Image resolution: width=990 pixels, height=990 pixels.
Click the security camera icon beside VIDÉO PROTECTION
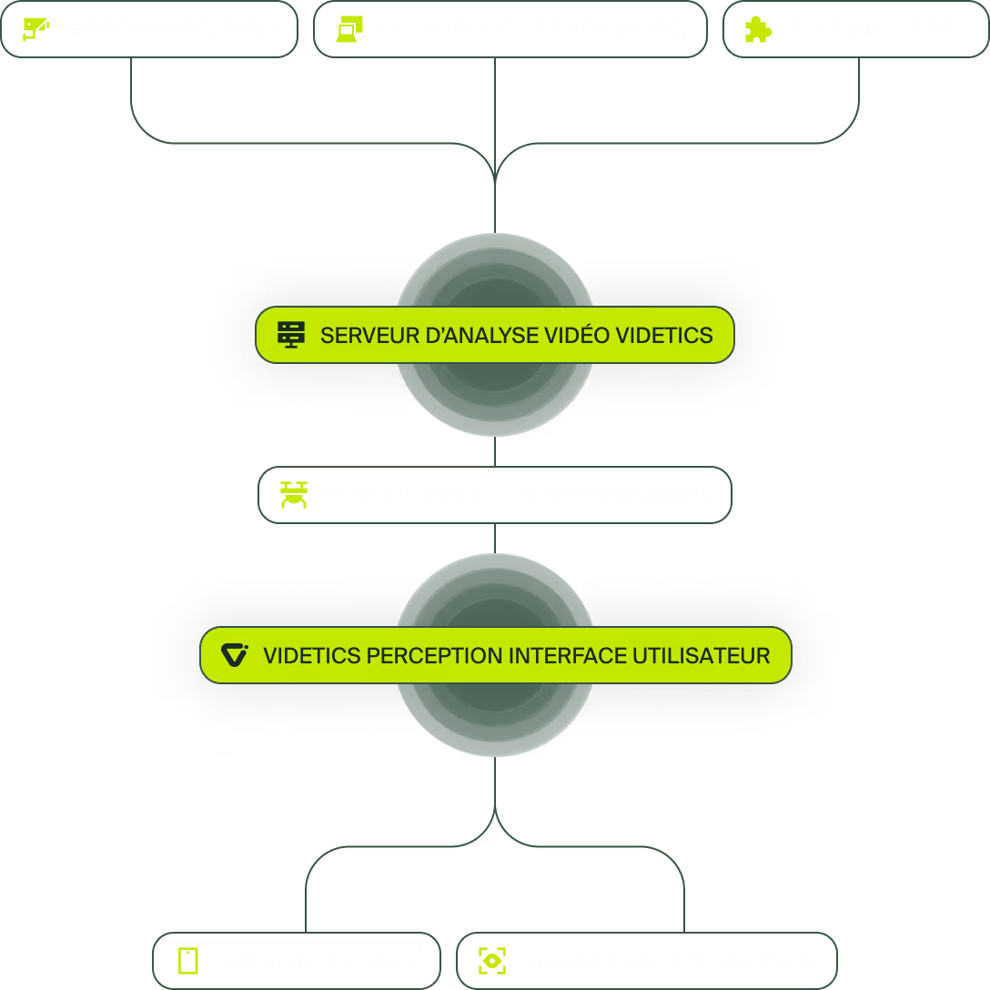tap(35, 29)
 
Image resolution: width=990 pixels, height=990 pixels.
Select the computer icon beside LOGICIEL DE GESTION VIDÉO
tap(349, 29)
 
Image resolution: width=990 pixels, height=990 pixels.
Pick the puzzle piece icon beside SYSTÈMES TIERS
tap(758, 29)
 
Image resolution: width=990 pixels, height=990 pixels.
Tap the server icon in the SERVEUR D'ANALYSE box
tap(291, 335)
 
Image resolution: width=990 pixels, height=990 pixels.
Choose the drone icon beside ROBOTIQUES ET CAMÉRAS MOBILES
tap(294, 495)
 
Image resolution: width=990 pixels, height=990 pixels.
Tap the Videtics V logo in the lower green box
tap(235, 655)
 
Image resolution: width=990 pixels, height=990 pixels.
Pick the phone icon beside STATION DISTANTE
tap(188, 961)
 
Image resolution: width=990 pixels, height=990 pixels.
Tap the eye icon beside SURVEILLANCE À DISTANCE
tap(492, 961)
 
